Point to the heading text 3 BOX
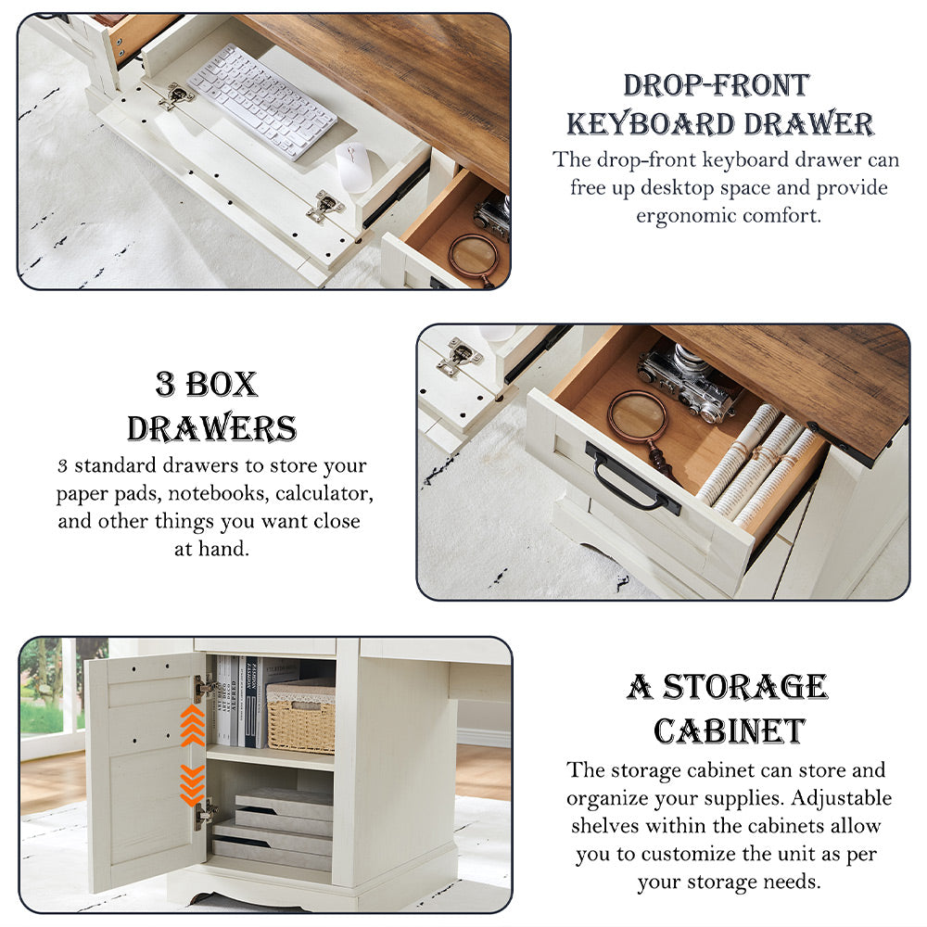click(x=206, y=384)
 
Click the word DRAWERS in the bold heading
click(x=211, y=428)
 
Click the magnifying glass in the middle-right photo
click(x=639, y=419)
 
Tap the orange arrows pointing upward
click(x=192, y=725)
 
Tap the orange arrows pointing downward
click(x=192, y=783)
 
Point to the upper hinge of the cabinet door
click(x=206, y=687)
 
